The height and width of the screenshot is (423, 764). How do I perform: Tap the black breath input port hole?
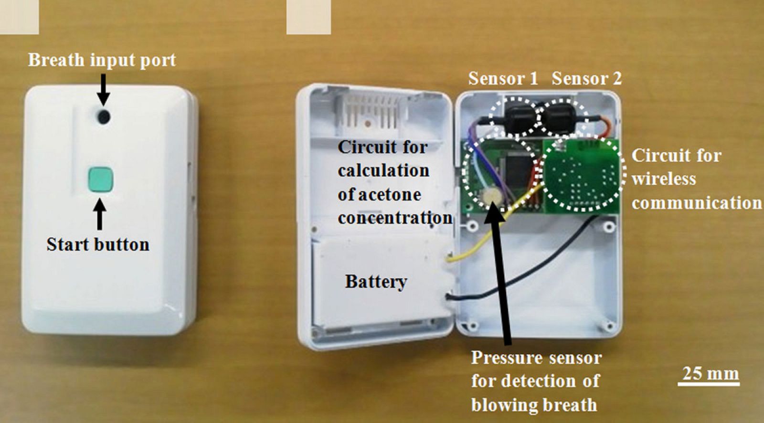point(103,116)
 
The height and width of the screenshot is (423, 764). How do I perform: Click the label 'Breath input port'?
point(102,60)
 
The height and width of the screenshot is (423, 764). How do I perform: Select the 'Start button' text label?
point(98,244)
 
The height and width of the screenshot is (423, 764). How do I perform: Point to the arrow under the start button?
point(99,215)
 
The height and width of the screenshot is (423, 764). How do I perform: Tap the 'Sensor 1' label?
point(503,78)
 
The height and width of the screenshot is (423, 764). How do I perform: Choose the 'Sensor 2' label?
point(587,78)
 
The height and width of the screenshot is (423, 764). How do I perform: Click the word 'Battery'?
point(376,281)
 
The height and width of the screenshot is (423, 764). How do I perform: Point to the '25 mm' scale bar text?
point(710,373)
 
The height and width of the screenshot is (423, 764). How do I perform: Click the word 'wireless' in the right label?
point(664,179)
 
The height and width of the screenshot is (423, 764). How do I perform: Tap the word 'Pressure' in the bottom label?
point(507,358)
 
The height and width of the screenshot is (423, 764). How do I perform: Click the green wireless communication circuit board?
point(583,177)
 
